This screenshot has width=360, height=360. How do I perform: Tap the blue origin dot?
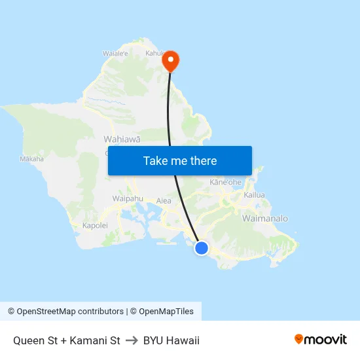click(x=202, y=248)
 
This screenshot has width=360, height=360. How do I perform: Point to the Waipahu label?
click(x=128, y=198)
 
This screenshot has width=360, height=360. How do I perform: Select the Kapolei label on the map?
click(x=95, y=225)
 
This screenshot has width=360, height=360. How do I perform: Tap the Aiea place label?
click(x=164, y=201)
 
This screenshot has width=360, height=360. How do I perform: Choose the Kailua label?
click(x=254, y=195)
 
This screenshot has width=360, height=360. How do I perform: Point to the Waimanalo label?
click(x=265, y=218)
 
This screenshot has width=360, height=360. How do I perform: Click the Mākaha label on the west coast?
click(x=31, y=159)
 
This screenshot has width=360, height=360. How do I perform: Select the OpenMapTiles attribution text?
click(x=165, y=312)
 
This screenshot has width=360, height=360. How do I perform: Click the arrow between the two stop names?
click(x=132, y=340)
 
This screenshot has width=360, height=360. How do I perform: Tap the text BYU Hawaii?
click(x=171, y=340)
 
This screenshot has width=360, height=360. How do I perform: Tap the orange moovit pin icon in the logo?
click(x=299, y=339)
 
